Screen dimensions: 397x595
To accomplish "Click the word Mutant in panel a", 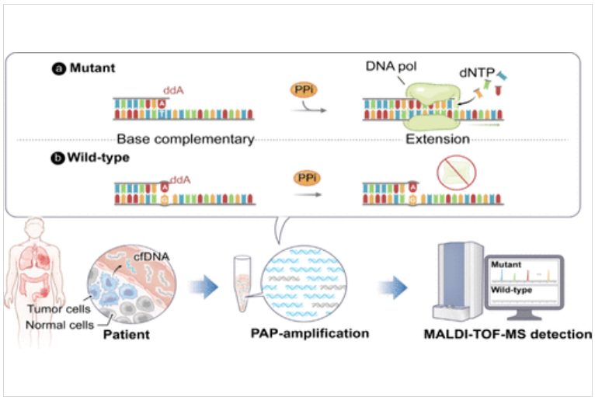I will pos(92,68).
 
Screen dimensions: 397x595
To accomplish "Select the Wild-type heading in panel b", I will pos(99,157).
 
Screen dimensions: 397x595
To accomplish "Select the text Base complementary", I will pos(186,140).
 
